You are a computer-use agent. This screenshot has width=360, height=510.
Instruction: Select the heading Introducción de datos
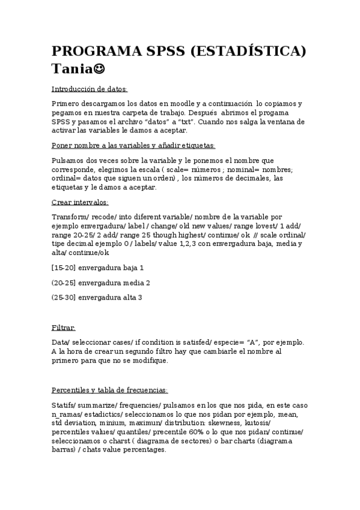click(90, 90)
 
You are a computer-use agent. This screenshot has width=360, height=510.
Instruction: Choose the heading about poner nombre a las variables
click(133, 146)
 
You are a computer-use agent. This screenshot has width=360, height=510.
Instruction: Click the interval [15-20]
click(64, 267)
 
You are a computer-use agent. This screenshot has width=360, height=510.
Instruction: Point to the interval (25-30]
click(64, 297)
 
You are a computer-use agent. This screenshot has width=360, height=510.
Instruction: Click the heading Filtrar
click(64, 328)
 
